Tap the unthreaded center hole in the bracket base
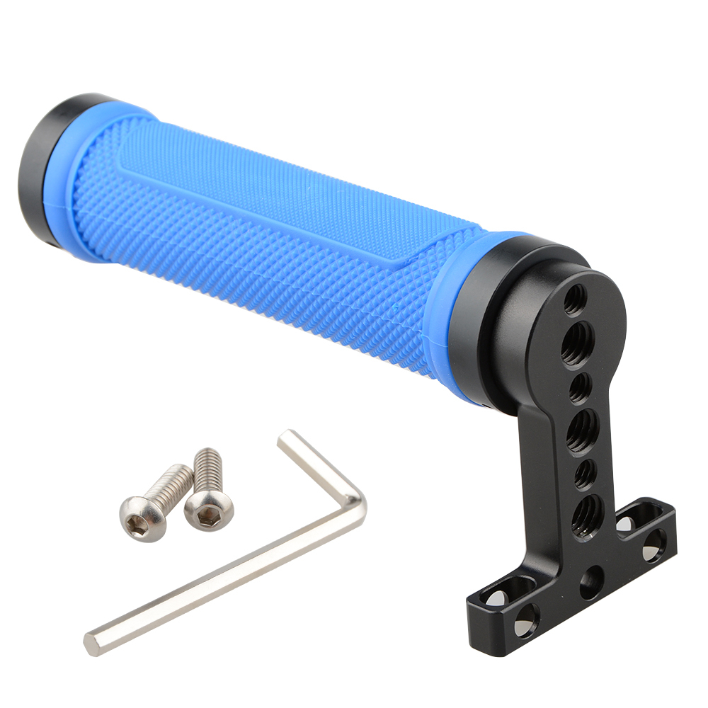(590, 582)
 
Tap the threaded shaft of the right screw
(209, 467)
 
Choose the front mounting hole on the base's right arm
(653, 545)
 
